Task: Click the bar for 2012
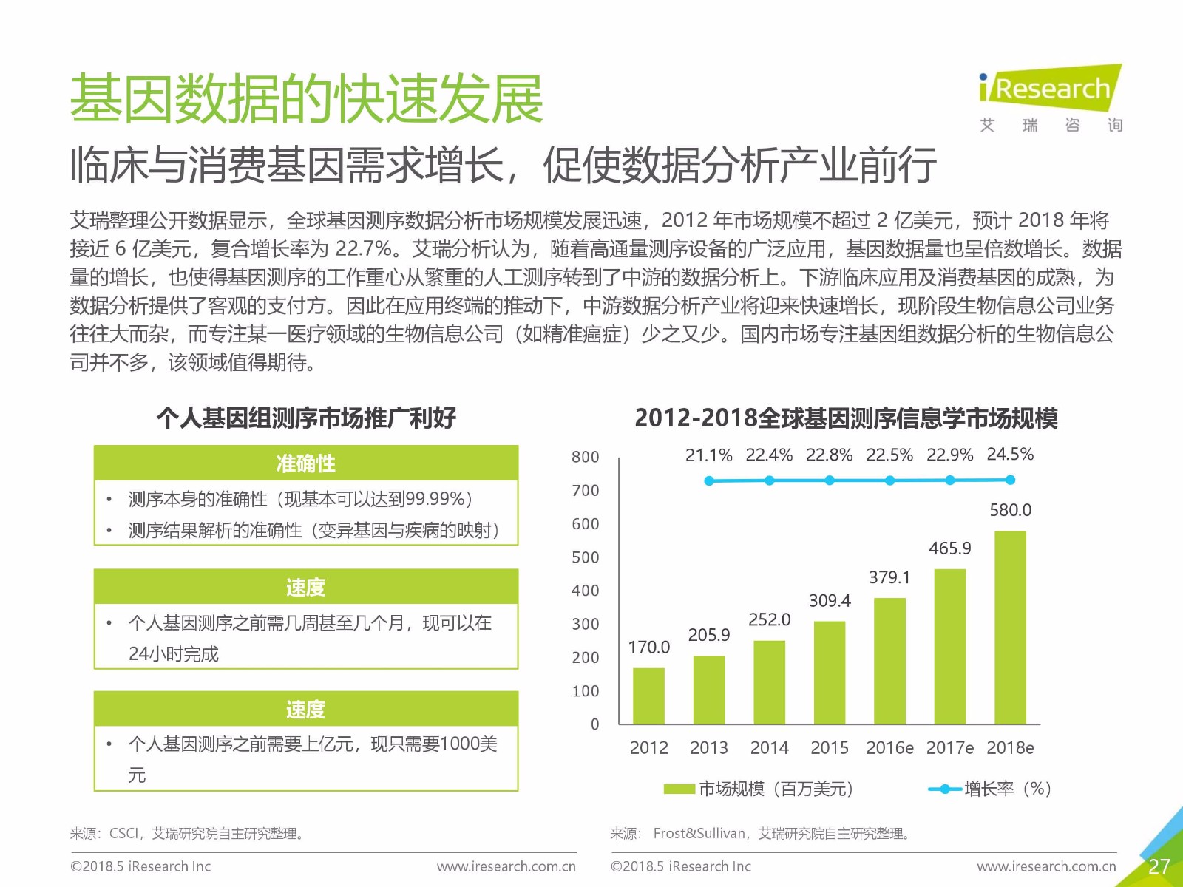[x=648, y=696]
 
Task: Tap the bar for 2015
[x=830, y=672]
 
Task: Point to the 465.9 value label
[x=949, y=548]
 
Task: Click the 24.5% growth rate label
[x=1010, y=454]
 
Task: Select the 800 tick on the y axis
[x=585, y=457]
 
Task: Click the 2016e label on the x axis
[x=889, y=748]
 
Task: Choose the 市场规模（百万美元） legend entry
[x=760, y=789]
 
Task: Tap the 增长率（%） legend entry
[x=991, y=789]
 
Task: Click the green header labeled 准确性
[x=305, y=463]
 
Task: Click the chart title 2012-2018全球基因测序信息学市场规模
[x=846, y=418]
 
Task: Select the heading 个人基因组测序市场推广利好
[x=306, y=418]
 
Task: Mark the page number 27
[x=1159, y=866]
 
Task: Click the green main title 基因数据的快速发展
[x=306, y=99]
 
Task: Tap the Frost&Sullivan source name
[x=699, y=834]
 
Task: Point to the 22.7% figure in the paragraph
[x=363, y=248]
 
